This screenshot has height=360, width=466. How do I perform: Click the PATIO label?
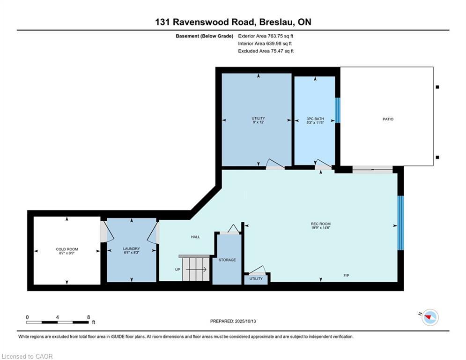point(388,119)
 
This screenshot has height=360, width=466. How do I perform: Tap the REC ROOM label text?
point(321,224)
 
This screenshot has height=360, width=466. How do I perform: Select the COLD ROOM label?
point(67,249)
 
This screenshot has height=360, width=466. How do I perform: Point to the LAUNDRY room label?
point(131,249)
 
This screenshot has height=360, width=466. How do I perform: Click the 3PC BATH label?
point(315,119)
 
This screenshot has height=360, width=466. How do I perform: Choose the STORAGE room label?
point(227,260)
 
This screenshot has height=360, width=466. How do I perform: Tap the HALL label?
point(195,237)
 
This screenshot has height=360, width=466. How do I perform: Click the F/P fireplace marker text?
point(346,276)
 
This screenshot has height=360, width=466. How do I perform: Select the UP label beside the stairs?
point(178,270)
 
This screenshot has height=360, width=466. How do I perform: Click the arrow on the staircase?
point(196,270)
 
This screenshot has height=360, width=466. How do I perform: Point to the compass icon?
point(430,317)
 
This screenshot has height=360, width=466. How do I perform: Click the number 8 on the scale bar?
point(88,317)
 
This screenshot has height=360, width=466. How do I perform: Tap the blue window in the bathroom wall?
point(338,110)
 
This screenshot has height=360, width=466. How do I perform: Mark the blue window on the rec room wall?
point(400,223)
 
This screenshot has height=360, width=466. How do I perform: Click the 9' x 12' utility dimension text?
point(258,122)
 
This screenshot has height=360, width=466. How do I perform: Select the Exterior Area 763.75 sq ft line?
point(266,36)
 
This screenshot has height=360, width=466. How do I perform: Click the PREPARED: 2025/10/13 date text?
point(233,321)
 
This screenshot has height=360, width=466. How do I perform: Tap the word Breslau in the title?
point(274,22)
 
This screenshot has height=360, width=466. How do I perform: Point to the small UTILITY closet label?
point(256,279)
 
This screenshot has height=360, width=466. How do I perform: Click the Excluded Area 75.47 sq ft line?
point(266,51)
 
